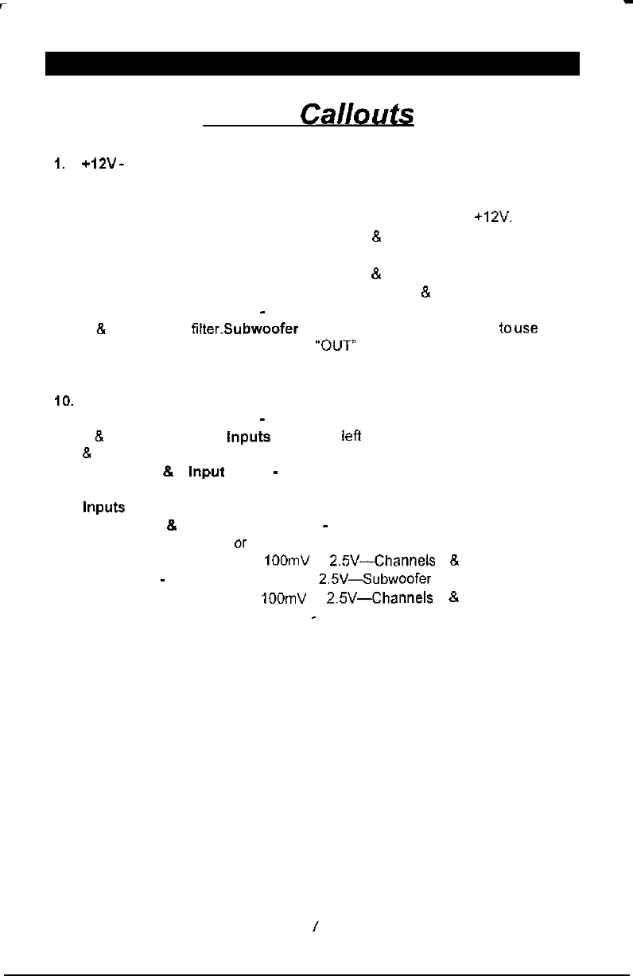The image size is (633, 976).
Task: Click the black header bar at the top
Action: [313, 64]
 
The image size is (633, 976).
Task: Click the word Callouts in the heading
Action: [356, 115]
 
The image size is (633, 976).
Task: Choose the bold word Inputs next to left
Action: [248, 437]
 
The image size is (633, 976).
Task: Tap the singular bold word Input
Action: [206, 472]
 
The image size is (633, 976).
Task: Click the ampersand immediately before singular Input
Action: [168, 472]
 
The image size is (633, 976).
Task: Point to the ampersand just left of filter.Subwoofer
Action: [99, 329]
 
